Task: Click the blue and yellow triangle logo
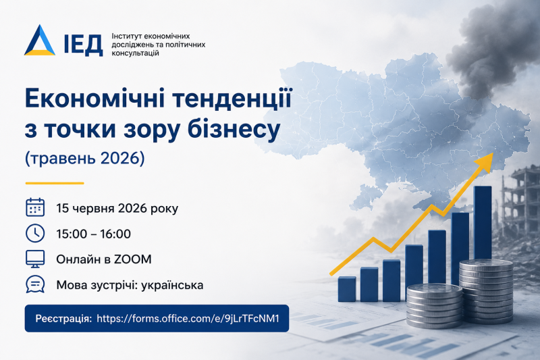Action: [x=40, y=41]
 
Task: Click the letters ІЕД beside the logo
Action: [x=83, y=45]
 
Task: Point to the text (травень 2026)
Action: [x=85, y=158]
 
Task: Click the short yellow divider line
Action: [x=55, y=183]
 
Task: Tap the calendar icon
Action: [x=35, y=207]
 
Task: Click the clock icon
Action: [x=35, y=233]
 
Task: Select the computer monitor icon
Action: [x=35, y=259]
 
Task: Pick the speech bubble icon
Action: [x=35, y=284]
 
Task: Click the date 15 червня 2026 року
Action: [x=117, y=209]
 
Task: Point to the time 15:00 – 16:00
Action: [x=94, y=234]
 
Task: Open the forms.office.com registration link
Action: [x=188, y=318]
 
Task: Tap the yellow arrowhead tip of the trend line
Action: [x=493, y=153]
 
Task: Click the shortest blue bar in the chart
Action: [x=347, y=289]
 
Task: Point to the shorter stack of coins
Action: [x=434, y=305]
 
